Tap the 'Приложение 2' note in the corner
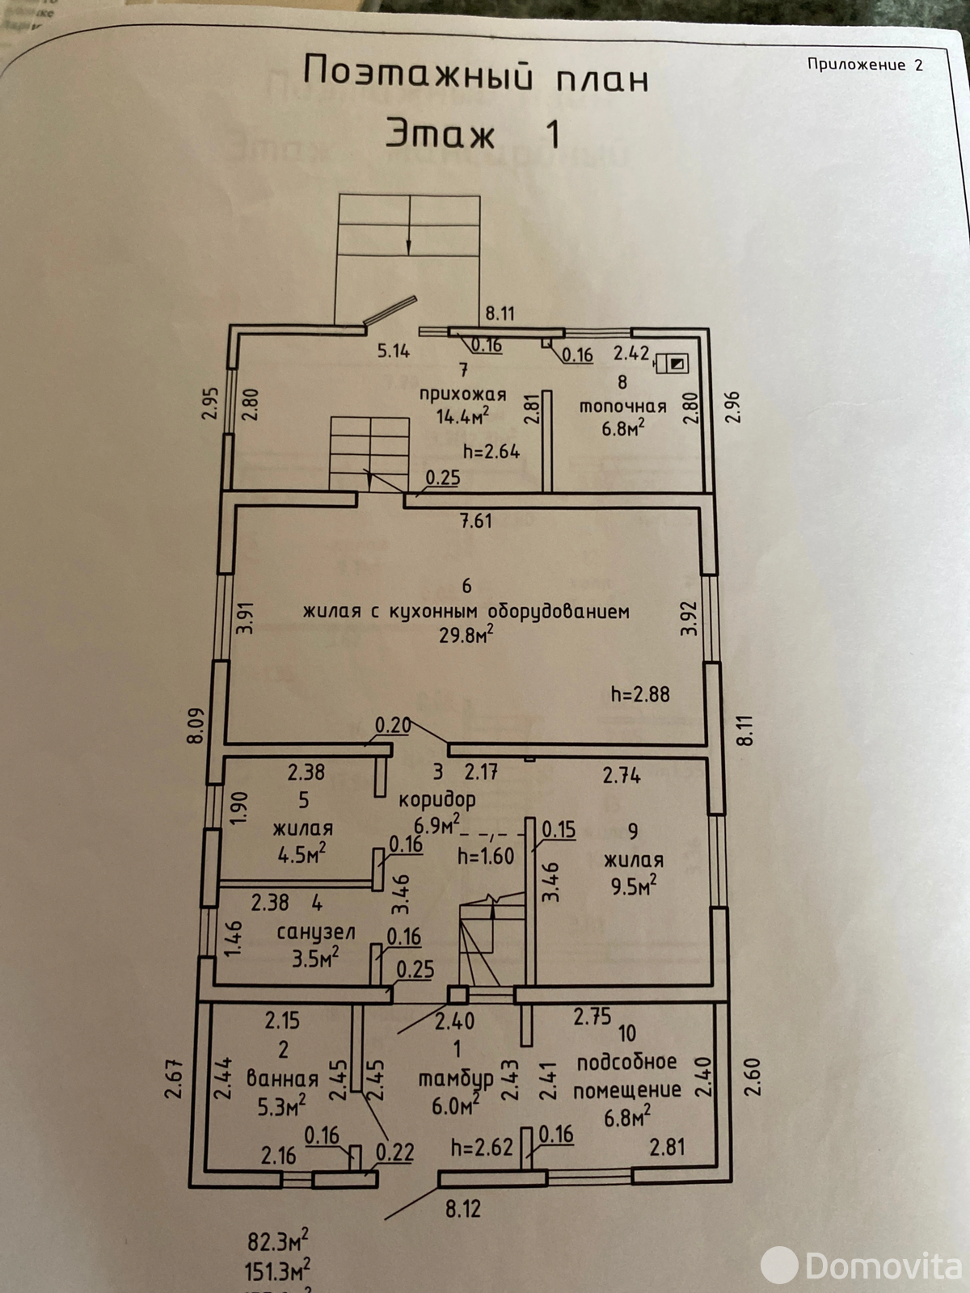pos(864,65)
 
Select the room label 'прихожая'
pos(462,394)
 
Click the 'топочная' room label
pos(622,406)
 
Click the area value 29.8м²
pos(466,635)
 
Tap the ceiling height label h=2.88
pos(640,693)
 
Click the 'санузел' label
pos(316,933)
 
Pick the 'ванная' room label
pos(282,1078)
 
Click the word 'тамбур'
pos(455,1079)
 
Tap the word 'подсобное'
pos(626,1062)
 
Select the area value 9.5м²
pos(634,887)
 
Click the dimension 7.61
pos(476,521)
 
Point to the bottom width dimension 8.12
pos(462,1209)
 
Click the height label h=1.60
pos(486,856)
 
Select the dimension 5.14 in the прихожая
pos(394,351)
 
